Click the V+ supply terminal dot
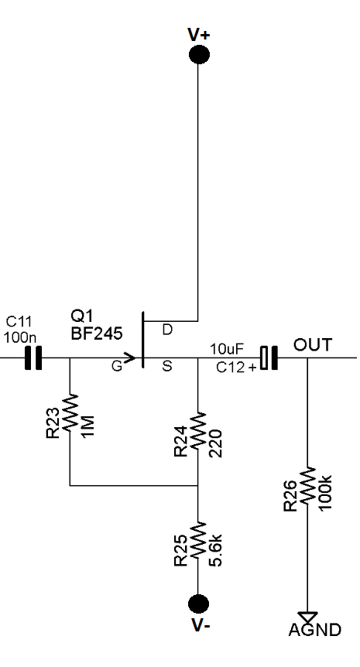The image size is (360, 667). coord(199,54)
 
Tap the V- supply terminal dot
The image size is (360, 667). coord(198,604)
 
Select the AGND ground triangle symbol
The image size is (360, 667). coord(307,617)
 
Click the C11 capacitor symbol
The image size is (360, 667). coord(33,357)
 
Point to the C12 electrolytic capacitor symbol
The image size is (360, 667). coord(269,357)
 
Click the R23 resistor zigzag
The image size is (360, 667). coord(70,412)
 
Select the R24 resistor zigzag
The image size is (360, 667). coord(198,430)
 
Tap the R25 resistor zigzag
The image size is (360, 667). coord(198,541)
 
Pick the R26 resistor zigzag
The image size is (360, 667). coord(307,486)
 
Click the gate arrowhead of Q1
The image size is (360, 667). coord(130,357)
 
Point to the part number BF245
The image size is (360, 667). coord(97,333)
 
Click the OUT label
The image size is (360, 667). coord(312,345)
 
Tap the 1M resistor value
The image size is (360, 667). coord(88,424)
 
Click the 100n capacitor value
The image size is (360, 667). coord(20,337)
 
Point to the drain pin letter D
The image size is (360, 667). coord(168,330)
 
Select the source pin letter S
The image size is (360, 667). coord(167,366)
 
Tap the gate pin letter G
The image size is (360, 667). coord(117,366)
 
